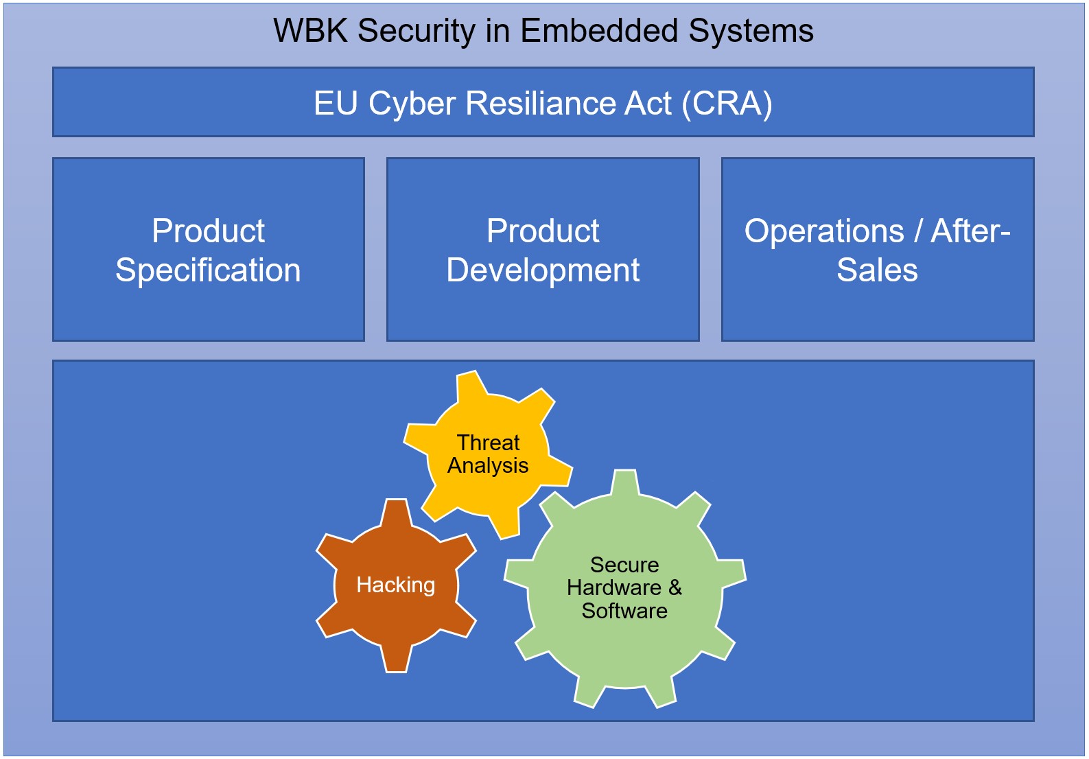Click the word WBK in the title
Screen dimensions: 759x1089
(307, 32)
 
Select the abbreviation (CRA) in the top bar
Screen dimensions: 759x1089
(727, 104)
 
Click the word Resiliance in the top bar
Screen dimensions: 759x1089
(568, 104)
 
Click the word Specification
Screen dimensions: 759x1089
(208, 270)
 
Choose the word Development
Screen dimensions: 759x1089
(543, 270)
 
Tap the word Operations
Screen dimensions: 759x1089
(824, 231)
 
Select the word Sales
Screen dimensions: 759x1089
(877, 270)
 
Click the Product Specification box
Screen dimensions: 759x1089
(208, 309)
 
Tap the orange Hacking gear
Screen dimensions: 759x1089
(396, 618)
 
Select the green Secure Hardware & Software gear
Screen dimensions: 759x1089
(624, 652)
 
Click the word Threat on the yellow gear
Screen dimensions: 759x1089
(489, 443)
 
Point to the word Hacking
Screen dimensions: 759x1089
(396, 585)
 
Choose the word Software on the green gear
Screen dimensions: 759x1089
(624, 611)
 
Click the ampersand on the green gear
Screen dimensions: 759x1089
(675, 587)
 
